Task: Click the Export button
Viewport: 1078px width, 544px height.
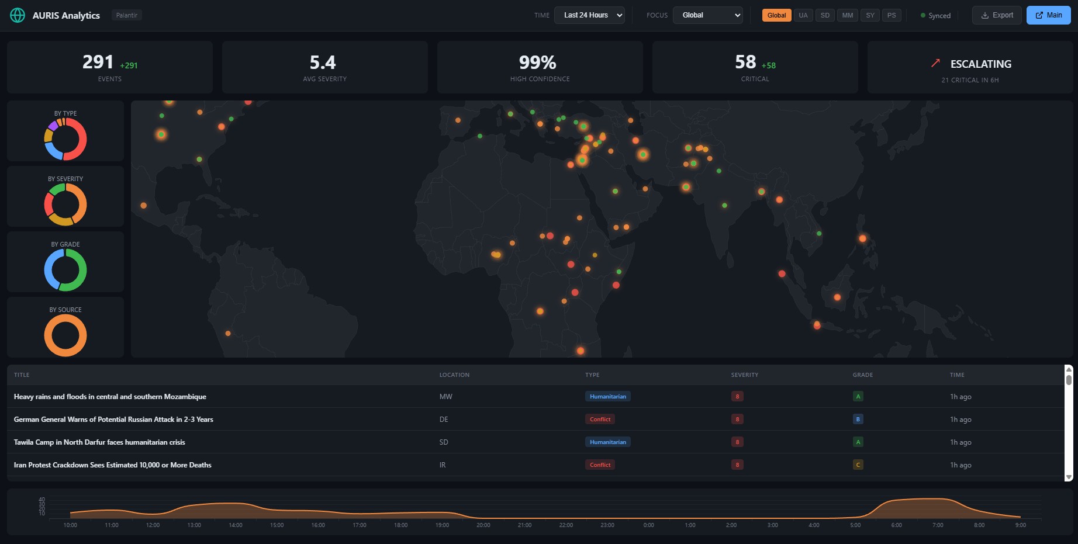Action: point(997,15)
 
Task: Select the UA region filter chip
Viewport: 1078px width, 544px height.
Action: point(803,15)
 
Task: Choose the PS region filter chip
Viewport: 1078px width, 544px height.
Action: point(891,15)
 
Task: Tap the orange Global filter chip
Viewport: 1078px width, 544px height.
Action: point(776,15)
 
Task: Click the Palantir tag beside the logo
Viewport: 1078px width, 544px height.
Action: point(126,15)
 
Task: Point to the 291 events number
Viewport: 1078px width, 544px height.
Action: point(98,62)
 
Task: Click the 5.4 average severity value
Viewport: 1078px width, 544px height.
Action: point(323,63)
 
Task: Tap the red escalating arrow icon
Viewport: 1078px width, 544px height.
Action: point(935,63)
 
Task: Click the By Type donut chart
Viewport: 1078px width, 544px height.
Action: point(65,139)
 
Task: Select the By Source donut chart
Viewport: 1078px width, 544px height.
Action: point(65,335)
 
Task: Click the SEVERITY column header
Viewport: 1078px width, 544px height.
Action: point(744,375)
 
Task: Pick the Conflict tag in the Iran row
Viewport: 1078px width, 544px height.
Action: point(600,465)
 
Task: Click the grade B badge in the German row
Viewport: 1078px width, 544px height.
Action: point(858,420)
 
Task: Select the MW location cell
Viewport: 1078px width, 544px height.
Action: point(445,397)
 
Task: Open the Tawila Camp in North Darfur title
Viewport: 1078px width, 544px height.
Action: point(99,442)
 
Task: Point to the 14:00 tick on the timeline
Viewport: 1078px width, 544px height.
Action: point(236,525)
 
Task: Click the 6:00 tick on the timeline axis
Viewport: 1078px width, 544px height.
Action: point(896,525)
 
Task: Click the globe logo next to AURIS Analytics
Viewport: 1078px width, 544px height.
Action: point(18,15)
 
